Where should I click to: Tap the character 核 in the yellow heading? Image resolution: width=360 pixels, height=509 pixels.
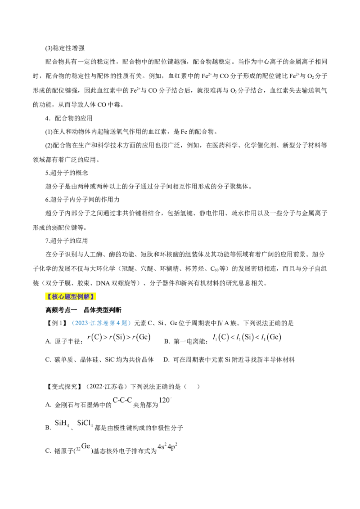(x=55, y=297)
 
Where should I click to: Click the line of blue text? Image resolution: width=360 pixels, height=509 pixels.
(x=102, y=323)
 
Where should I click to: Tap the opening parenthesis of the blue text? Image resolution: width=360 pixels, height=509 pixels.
(x=73, y=323)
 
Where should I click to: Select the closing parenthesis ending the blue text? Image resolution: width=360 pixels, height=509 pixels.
(x=130, y=323)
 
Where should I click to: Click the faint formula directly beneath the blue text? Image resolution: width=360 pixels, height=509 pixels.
(x=118, y=337)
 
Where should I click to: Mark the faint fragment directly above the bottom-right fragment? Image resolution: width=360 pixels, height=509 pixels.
(x=166, y=399)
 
